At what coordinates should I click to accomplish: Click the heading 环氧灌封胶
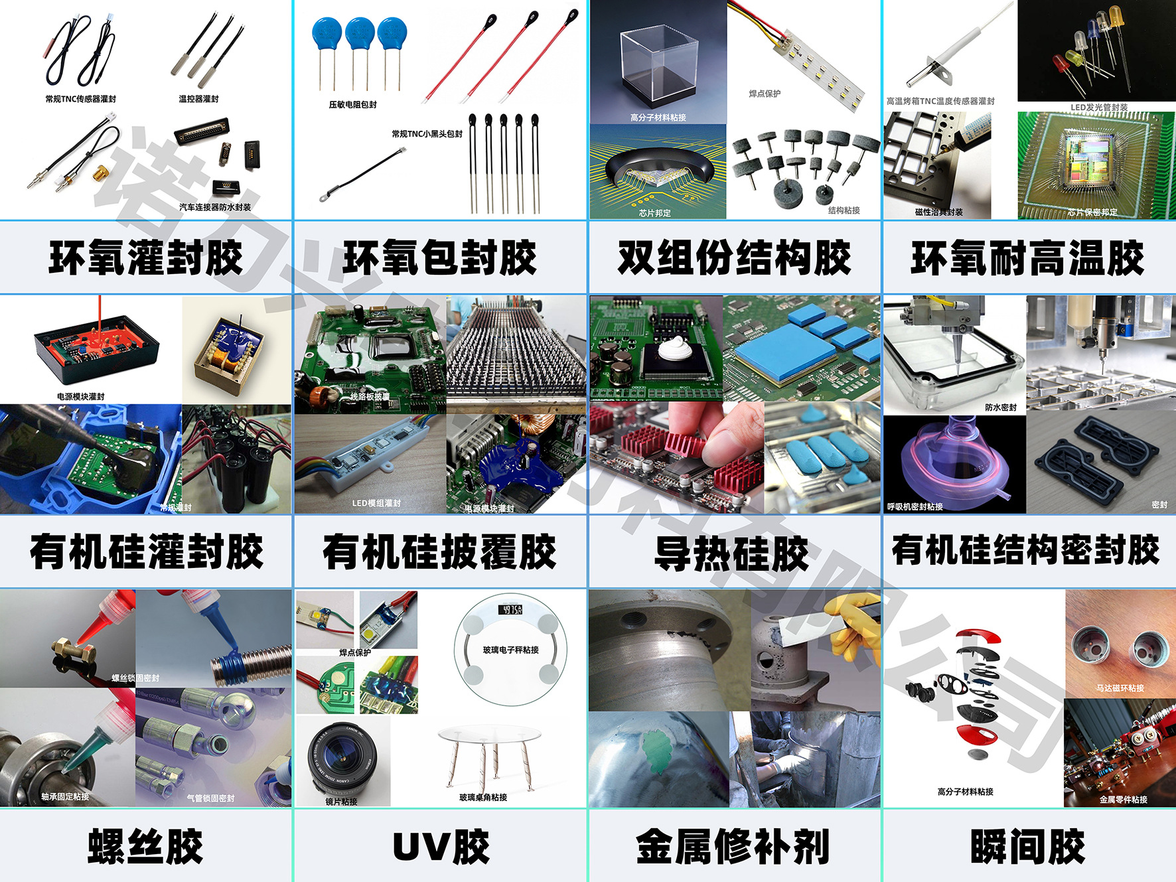coord(146,257)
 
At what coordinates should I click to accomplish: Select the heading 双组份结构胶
coord(734,257)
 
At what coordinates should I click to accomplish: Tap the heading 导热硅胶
coord(732,553)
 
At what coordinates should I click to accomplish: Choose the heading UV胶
coord(441,847)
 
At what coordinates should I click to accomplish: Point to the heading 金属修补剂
coord(733,847)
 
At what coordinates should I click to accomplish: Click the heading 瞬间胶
coord(1028,847)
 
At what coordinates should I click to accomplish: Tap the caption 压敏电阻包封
coord(352,105)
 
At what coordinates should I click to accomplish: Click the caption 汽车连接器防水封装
coord(215,207)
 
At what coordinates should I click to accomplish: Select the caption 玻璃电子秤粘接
coord(511,650)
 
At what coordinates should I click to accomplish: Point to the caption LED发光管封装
coord(1099,107)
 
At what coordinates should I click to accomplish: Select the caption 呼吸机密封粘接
coord(915,506)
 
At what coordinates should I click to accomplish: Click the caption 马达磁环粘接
coord(1120,688)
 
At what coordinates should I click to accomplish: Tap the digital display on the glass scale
coord(510,609)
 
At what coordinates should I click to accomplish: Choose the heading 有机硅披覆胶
coord(439,552)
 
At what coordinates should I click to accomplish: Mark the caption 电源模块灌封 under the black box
coord(80,396)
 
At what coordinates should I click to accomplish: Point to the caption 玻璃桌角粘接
coord(483,797)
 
